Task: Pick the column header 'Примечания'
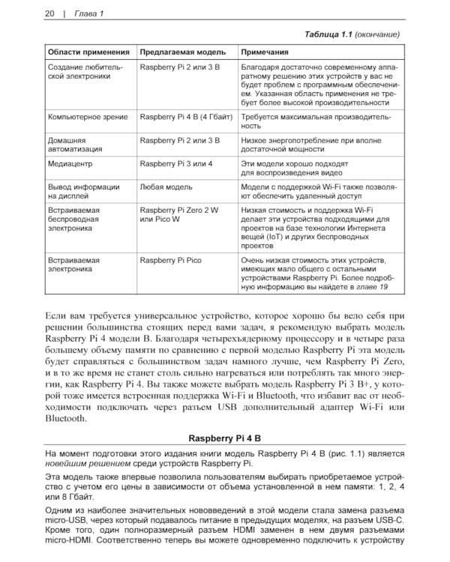click(x=265, y=52)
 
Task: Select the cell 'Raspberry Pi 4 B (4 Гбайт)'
click(x=187, y=118)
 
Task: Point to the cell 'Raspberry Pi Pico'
click(x=171, y=260)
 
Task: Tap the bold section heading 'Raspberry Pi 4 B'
click(x=224, y=438)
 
